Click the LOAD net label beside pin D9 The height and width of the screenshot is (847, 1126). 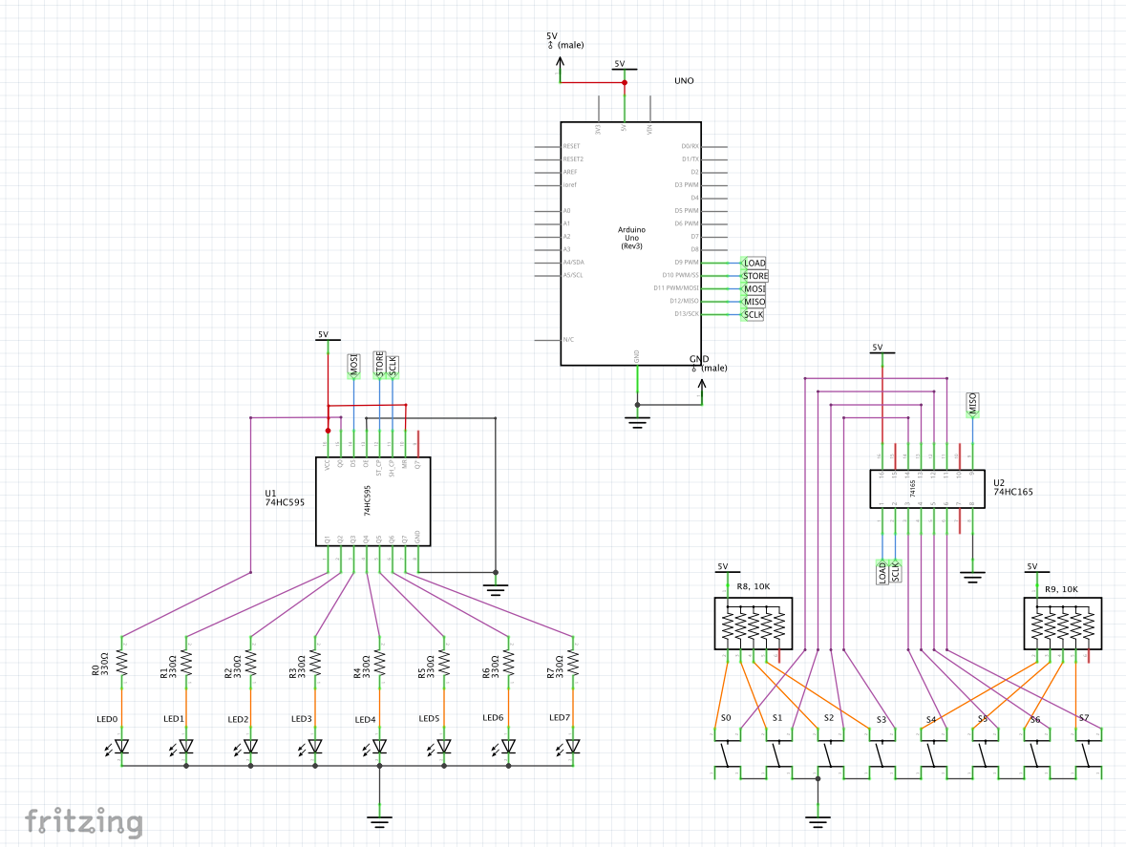coord(754,263)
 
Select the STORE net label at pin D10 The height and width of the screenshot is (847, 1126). coord(754,276)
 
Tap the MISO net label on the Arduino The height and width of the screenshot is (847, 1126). coord(754,302)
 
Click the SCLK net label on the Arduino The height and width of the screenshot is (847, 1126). coord(754,314)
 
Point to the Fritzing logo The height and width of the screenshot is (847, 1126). coord(84,821)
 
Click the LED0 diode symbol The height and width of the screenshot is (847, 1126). coord(122,746)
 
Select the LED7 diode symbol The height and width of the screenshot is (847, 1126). coord(573,746)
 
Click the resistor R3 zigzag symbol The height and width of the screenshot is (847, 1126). coord(315,661)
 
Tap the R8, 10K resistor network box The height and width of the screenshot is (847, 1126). coord(754,624)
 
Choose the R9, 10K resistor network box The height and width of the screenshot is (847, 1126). coord(1063,624)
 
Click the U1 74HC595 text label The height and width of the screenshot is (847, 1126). coord(285,498)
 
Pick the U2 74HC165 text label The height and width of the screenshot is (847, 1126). coord(1012,488)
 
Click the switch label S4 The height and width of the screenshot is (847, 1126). coord(931,718)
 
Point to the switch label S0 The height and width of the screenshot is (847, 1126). coord(726,716)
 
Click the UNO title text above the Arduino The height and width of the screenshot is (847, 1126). coord(684,81)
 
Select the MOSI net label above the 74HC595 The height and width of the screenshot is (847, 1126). coord(353,366)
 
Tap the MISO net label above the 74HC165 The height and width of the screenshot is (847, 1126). coord(972,404)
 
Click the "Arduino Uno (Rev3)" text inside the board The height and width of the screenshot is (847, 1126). coord(630,238)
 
